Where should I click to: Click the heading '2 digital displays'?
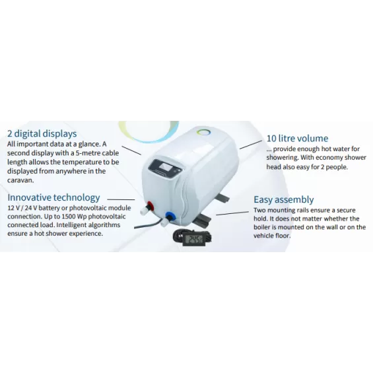click(x=42, y=134)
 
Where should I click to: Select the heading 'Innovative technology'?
click(x=53, y=197)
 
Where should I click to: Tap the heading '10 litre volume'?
click(x=297, y=138)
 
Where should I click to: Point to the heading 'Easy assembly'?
click(x=284, y=200)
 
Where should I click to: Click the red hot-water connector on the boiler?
click(x=150, y=205)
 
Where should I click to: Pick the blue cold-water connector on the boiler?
click(x=170, y=216)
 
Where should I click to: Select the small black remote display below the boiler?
click(x=192, y=238)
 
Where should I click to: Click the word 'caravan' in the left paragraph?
click(x=20, y=180)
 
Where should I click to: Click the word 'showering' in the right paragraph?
click(x=282, y=158)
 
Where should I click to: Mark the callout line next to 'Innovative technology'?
click(x=121, y=199)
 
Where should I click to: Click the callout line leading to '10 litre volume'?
click(x=251, y=145)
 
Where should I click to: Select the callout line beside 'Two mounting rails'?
click(x=232, y=213)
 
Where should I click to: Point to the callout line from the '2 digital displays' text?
click(x=131, y=151)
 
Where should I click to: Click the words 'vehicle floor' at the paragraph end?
click(x=272, y=236)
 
